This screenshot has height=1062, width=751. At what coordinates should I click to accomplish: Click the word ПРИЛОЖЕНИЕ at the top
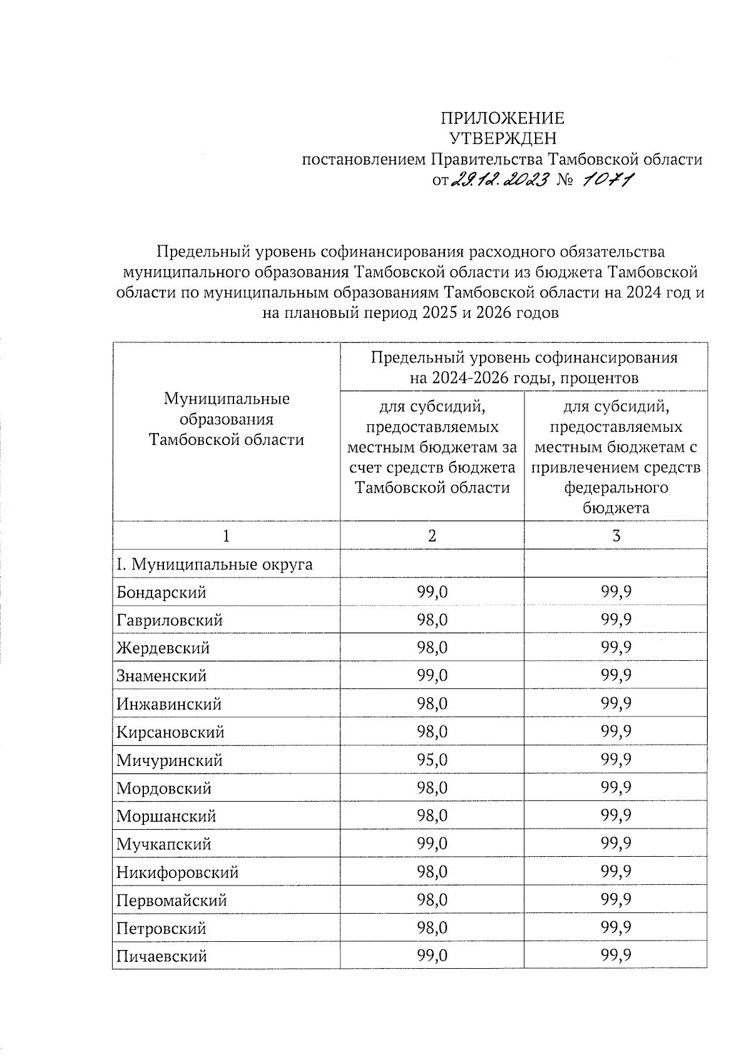[502, 118]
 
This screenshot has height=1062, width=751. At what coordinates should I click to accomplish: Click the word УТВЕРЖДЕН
[502, 138]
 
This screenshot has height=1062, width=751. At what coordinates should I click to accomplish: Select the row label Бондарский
[161, 592]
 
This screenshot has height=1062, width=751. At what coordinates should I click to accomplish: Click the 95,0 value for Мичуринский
[432, 760]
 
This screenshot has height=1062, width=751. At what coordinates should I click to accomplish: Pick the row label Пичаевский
[161, 956]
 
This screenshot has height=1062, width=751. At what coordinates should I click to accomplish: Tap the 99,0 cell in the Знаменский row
[432, 676]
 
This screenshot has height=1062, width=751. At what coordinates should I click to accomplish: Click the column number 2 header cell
[432, 536]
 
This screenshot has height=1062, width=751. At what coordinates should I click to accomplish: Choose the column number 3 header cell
[616, 536]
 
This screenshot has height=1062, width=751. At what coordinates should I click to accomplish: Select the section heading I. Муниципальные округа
[214, 564]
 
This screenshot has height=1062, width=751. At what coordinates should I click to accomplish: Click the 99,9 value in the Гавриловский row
[616, 620]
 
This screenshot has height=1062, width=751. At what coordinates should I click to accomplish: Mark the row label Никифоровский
[178, 872]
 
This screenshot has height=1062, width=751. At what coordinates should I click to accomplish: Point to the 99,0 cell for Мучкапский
[432, 844]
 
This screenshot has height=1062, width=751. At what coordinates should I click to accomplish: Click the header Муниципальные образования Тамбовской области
[227, 419]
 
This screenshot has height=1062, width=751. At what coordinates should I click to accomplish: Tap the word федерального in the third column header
[616, 488]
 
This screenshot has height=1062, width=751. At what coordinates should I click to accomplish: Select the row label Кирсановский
[170, 732]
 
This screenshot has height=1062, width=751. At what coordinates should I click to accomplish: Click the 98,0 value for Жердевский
[432, 648]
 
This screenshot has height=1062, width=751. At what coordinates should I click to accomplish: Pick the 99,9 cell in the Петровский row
[616, 928]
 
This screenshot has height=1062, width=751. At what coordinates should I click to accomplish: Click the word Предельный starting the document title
[203, 252]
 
